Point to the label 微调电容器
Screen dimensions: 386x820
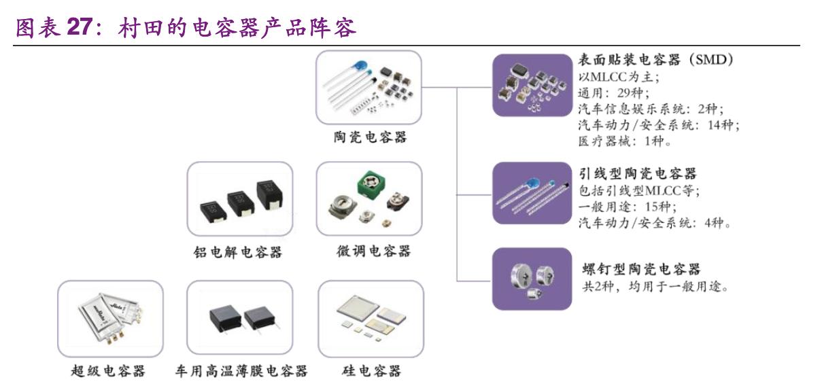pos(373,251)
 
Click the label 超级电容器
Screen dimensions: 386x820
pos(108,370)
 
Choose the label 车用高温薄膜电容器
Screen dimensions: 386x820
pos(241,370)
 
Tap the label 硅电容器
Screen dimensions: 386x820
pos(371,370)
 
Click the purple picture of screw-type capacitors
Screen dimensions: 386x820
pos(532,279)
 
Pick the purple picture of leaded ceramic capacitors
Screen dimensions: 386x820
pos(532,193)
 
